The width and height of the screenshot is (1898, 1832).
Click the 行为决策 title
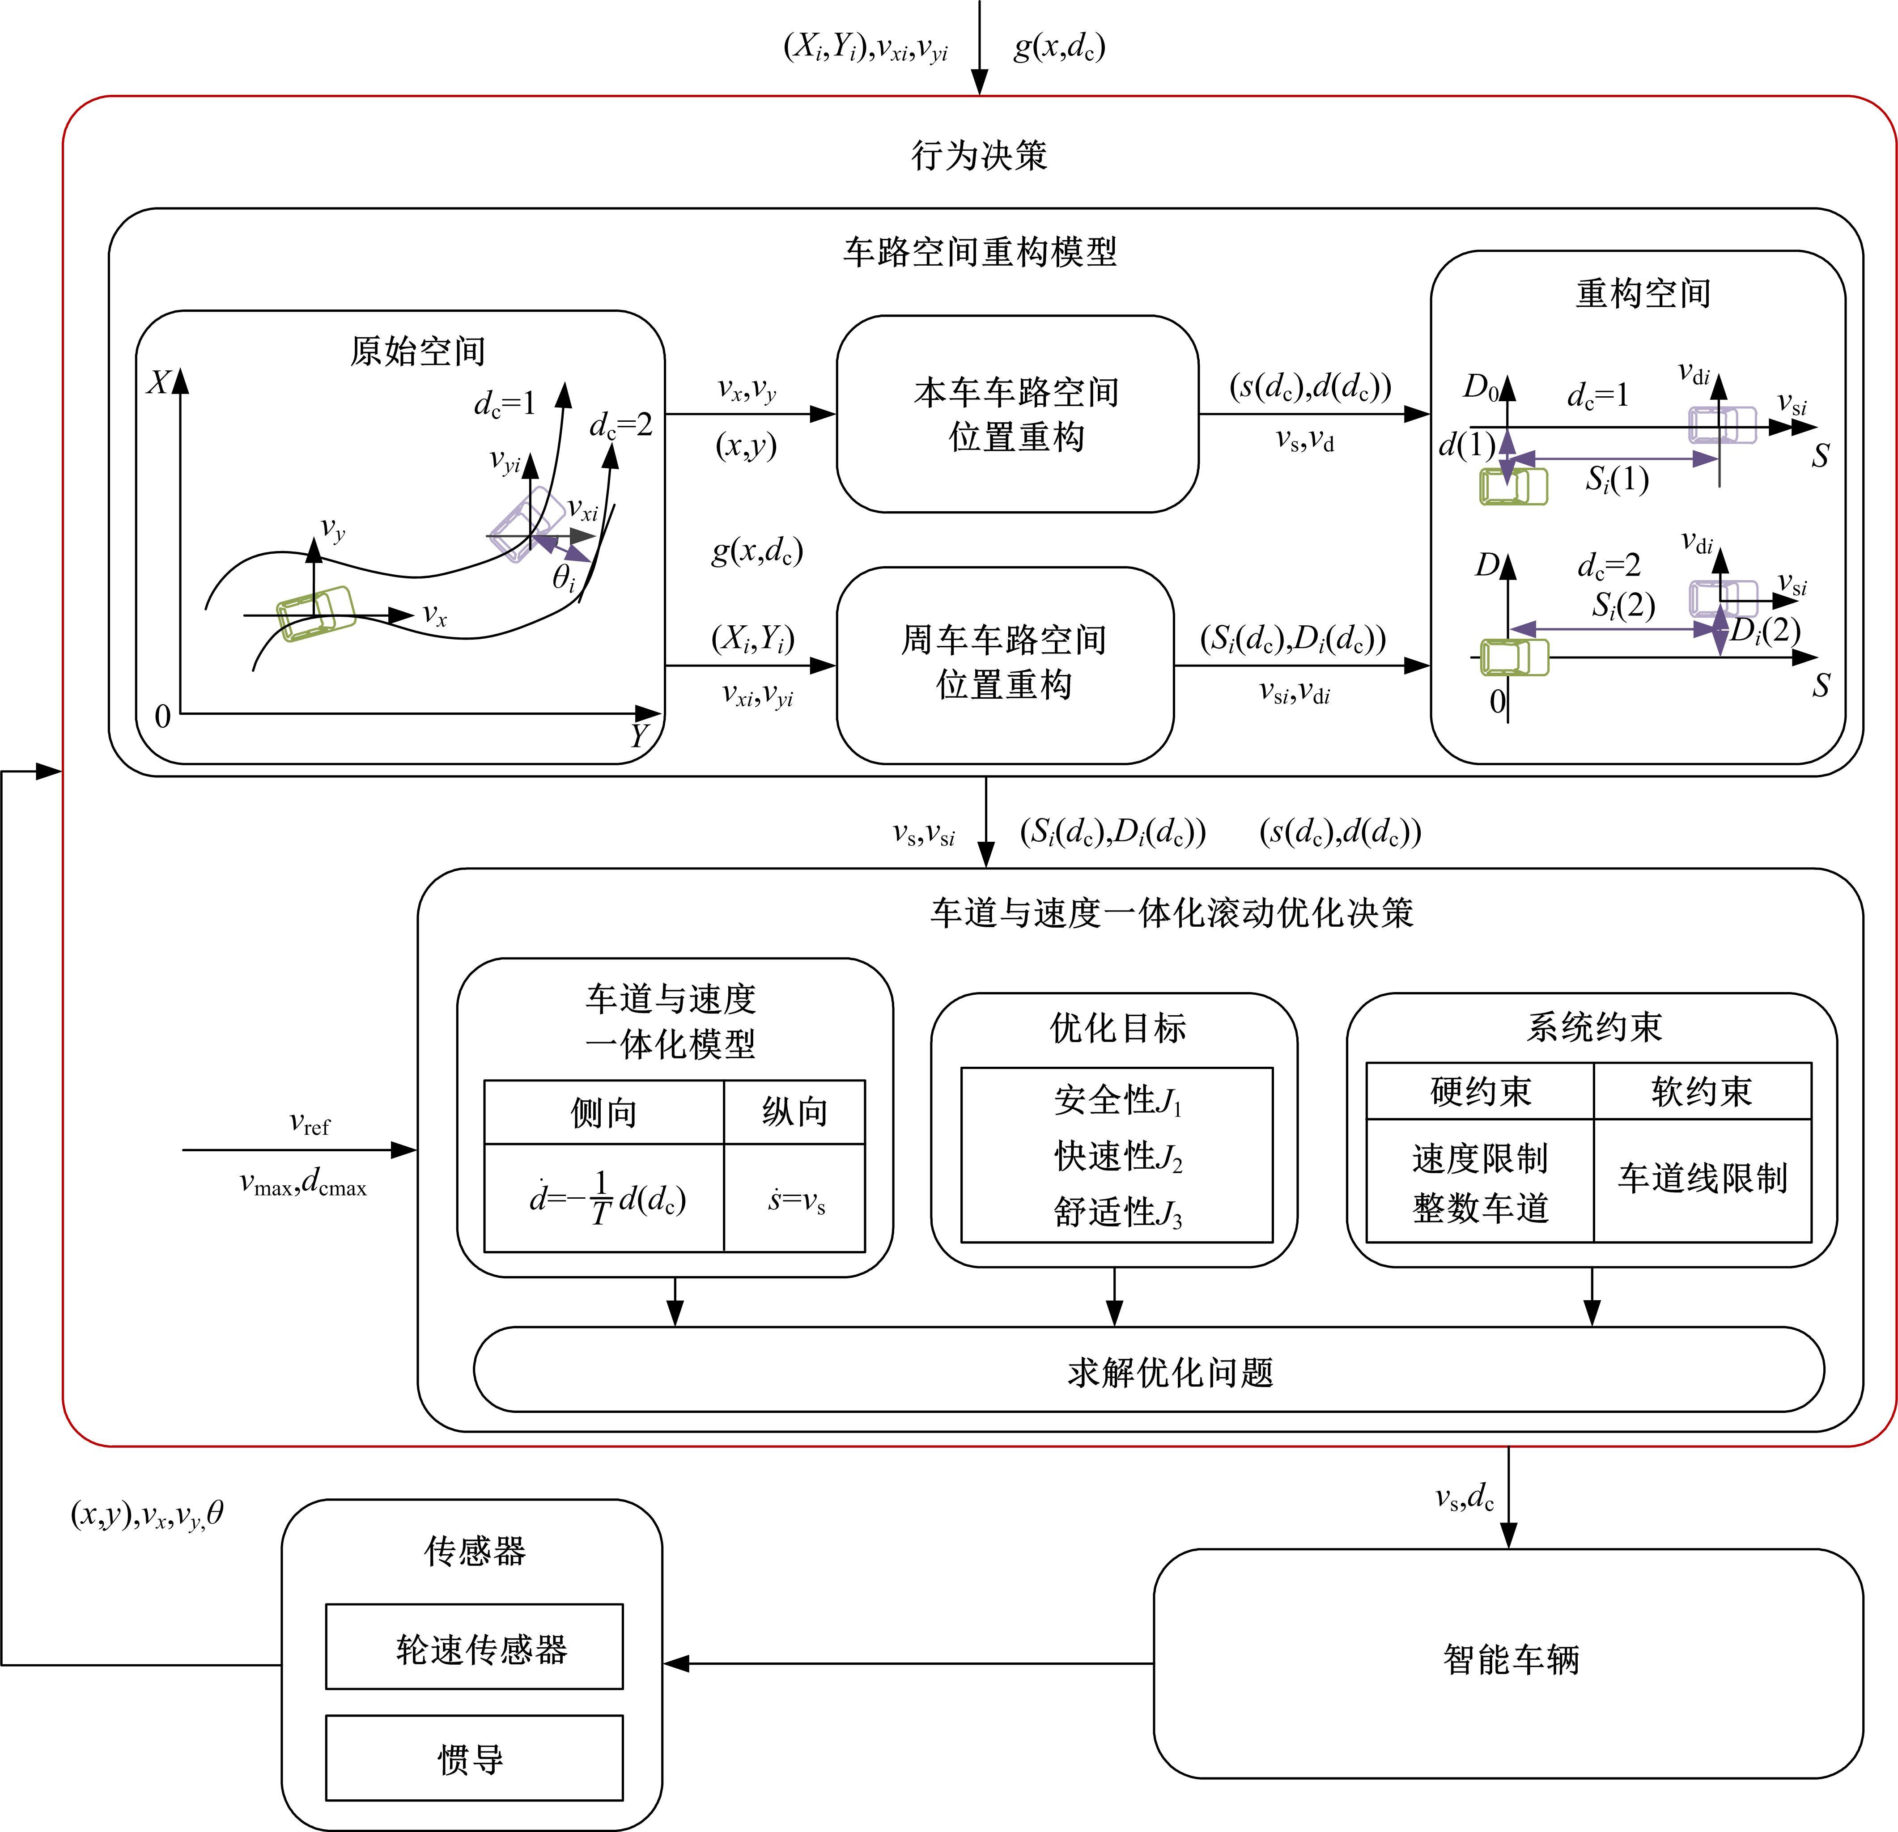click(979, 155)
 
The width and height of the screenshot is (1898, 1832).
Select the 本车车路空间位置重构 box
click(1017, 415)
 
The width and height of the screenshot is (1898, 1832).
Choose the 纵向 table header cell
click(794, 1111)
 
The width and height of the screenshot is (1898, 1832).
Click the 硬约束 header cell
click(1480, 1091)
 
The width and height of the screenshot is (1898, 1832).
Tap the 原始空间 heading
click(417, 351)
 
